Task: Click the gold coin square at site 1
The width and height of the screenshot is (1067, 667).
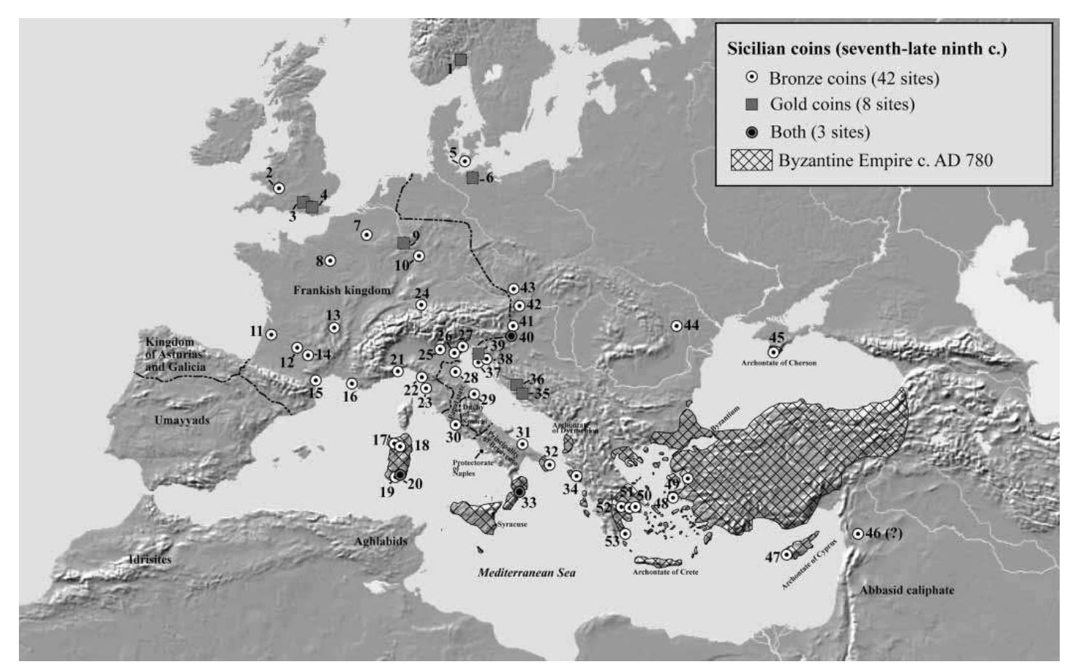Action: click(460, 59)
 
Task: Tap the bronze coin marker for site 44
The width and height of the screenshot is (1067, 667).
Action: click(676, 325)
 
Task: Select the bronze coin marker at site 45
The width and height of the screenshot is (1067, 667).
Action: click(774, 352)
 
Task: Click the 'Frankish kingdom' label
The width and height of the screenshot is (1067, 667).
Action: click(341, 290)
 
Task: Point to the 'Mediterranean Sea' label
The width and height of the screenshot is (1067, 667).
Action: click(526, 572)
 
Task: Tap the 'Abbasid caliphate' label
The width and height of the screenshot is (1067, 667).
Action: click(906, 590)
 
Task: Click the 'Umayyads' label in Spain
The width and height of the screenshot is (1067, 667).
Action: click(182, 420)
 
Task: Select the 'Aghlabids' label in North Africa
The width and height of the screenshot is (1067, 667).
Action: click(381, 541)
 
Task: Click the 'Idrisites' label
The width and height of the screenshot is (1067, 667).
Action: click(149, 559)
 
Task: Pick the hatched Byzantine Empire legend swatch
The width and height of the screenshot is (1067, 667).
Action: click(751, 160)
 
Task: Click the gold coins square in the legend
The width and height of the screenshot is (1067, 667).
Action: click(752, 105)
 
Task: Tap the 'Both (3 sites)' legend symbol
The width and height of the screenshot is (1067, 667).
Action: click(752, 133)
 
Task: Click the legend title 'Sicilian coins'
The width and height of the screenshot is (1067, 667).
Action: click(866, 49)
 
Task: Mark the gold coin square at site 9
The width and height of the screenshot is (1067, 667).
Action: click(403, 242)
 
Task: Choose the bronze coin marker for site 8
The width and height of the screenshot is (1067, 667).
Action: click(330, 260)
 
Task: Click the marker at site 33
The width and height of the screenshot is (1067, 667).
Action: click(519, 492)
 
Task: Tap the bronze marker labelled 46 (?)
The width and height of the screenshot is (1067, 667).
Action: click(858, 534)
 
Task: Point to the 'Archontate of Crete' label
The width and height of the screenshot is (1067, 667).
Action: click(665, 572)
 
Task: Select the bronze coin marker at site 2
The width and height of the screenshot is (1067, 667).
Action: click(278, 189)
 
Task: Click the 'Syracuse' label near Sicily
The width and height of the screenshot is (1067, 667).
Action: click(512, 524)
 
